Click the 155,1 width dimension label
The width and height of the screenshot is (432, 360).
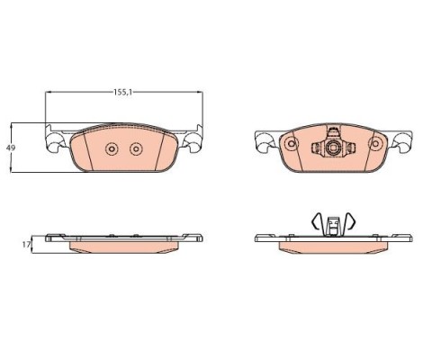[123, 92]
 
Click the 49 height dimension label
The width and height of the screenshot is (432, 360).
[11, 148]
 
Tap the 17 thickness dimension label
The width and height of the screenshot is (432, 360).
[26, 245]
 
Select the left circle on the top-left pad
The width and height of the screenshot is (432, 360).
[112, 148]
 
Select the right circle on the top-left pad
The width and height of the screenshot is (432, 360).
[136, 148]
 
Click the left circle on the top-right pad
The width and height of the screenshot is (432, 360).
[291, 144]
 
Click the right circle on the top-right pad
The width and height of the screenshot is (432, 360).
[375, 144]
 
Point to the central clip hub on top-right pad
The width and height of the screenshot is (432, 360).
[333, 148]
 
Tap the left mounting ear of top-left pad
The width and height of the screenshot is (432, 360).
[57, 139]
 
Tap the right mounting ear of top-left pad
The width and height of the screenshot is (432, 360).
[191, 139]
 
